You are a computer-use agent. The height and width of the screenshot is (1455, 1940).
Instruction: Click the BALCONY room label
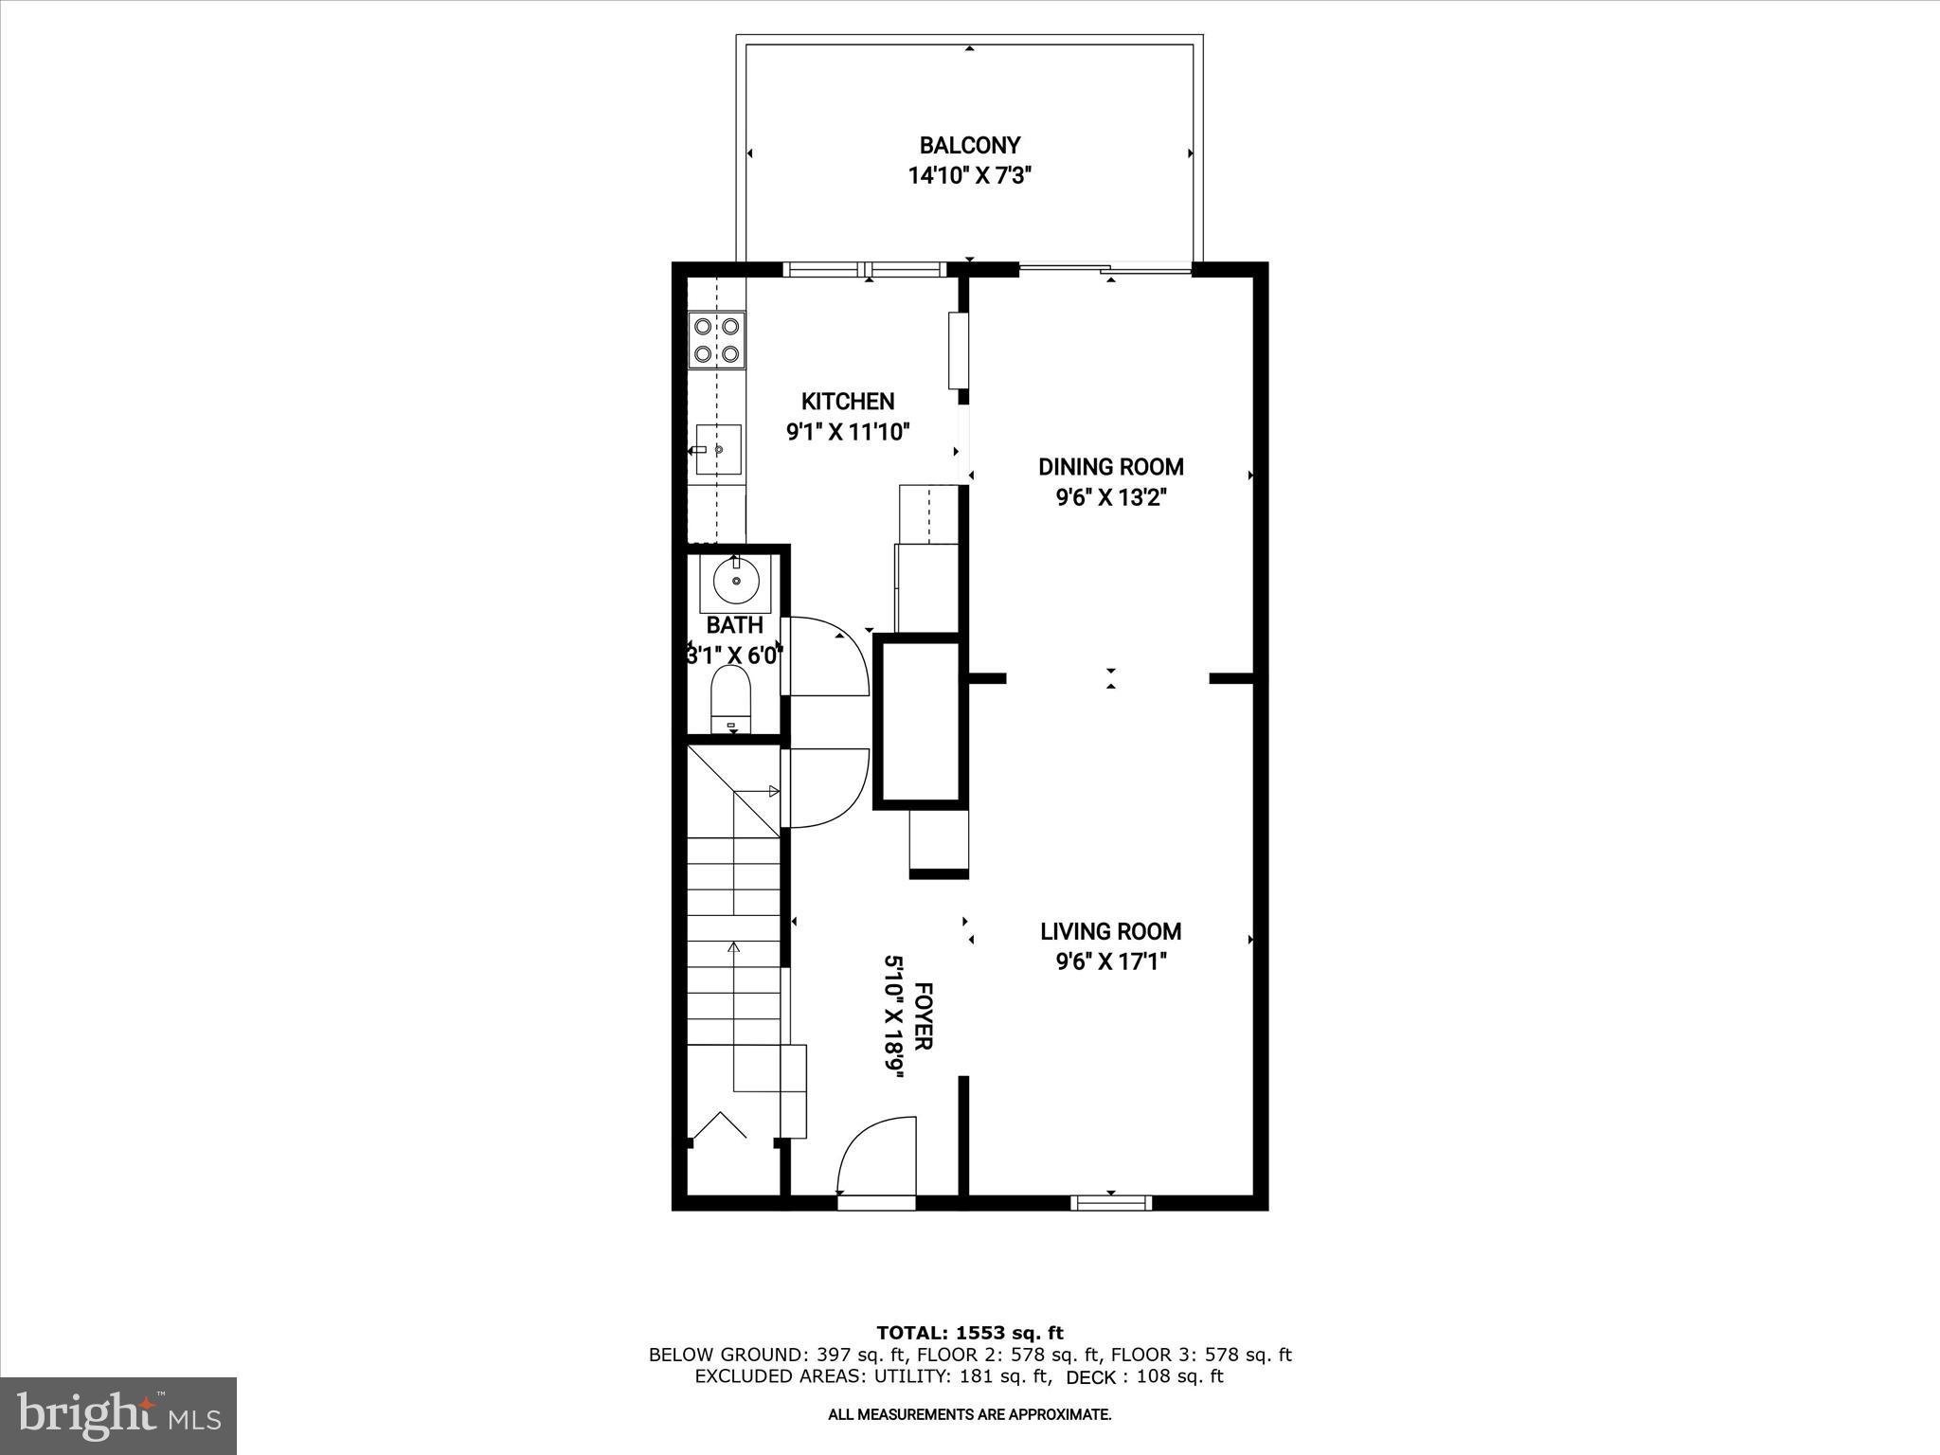pos(969,146)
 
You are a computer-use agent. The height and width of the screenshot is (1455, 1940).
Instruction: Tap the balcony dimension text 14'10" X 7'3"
pos(969,176)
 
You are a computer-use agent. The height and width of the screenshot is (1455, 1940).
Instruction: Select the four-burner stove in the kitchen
pos(716,340)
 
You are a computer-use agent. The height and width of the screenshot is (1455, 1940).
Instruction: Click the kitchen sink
pos(718,449)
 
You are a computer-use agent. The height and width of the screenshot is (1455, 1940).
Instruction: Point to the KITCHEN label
pos(848,402)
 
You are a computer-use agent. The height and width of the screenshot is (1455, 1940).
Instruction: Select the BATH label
pos(734,626)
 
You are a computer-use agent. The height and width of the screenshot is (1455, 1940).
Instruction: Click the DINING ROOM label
pos(1110,467)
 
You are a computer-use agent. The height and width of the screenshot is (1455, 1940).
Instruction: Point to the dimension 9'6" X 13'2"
pos(1110,498)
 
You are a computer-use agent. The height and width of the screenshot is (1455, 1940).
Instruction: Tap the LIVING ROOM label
pos(1110,932)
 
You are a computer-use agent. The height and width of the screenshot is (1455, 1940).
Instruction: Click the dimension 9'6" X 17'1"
pos(1110,962)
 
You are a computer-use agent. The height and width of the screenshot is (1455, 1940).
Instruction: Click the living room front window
pos(1111,1203)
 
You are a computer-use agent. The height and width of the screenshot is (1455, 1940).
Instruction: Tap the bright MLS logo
pos(118,1415)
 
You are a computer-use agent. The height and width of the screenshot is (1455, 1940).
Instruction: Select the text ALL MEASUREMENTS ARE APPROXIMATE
pos(969,1415)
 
